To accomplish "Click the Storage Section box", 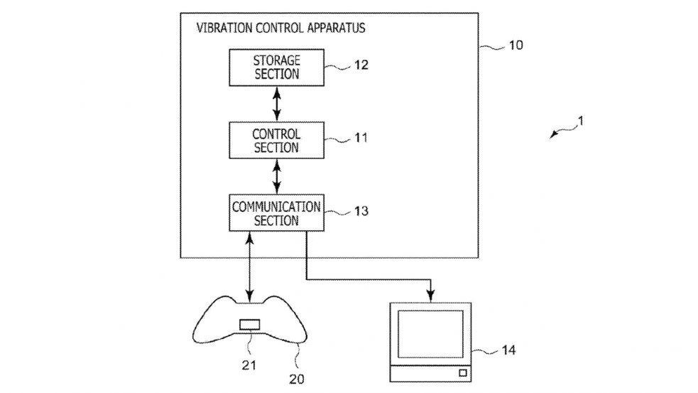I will click(276, 67).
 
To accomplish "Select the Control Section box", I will click(276, 140).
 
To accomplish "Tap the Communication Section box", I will click(276, 212).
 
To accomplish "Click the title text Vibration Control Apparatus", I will click(280, 30).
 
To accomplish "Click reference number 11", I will click(361, 139).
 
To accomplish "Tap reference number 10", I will click(516, 45).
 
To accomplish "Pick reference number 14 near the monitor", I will click(508, 350).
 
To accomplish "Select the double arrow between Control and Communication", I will click(276, 176).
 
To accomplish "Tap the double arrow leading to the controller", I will click(249, 267).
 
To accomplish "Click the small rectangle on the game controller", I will click(249, 325).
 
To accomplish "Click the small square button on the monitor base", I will click(462, 372).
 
